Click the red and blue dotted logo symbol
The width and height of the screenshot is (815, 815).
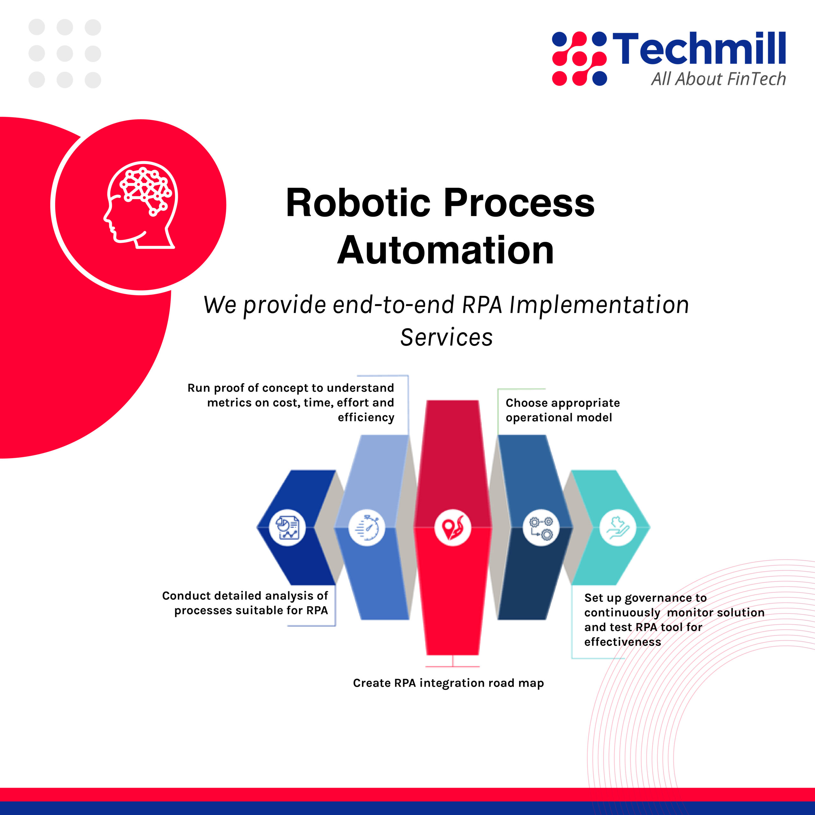[x=579, y=59]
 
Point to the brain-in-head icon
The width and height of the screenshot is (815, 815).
[x=140, y=205]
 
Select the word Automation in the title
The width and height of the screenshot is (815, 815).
[x=445, y=251]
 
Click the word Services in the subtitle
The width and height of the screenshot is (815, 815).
[x=446, y=337]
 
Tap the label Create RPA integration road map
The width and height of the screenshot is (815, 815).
[x=449, y=683]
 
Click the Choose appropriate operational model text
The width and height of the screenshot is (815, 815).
[x=563, y=410]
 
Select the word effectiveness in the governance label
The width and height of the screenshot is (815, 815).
[x=623, y=642]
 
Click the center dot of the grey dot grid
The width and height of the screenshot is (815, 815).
[x=65, y=53]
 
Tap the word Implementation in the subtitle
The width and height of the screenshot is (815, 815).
[x=599, y=305]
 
